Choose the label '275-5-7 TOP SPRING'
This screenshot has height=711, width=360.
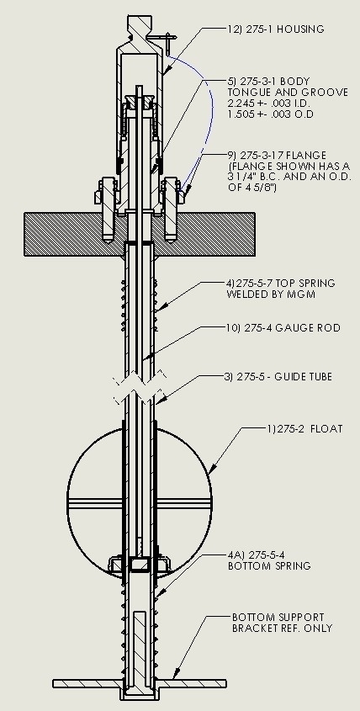pyautogui.click(x=280, y=283)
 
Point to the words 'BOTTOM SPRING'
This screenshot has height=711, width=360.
pyautogui.click(x=269, y=566)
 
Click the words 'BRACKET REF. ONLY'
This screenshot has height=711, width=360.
pyautogui.click(x=282, y=629)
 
